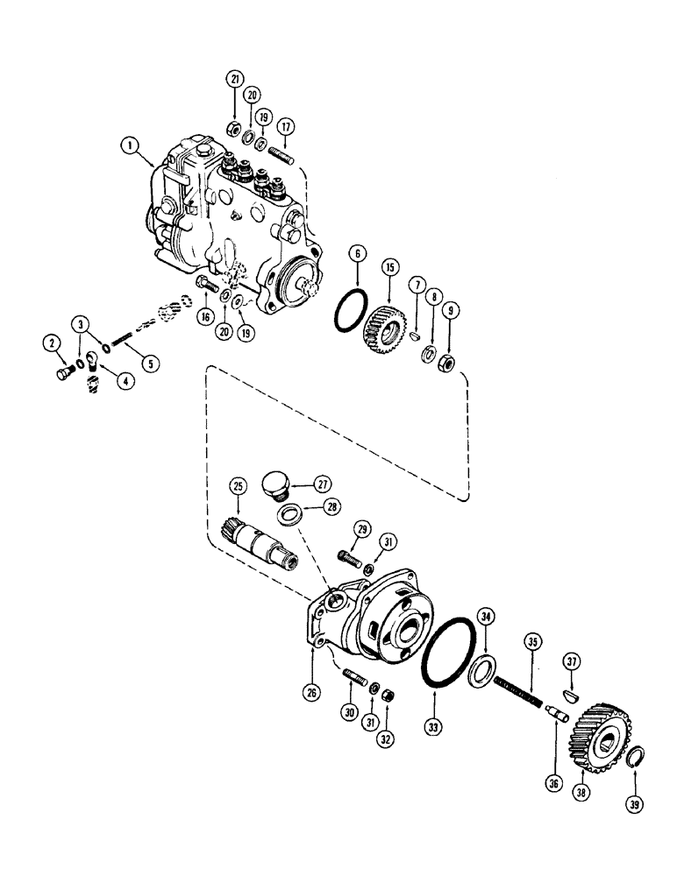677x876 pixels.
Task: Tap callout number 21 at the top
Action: (235, 79)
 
